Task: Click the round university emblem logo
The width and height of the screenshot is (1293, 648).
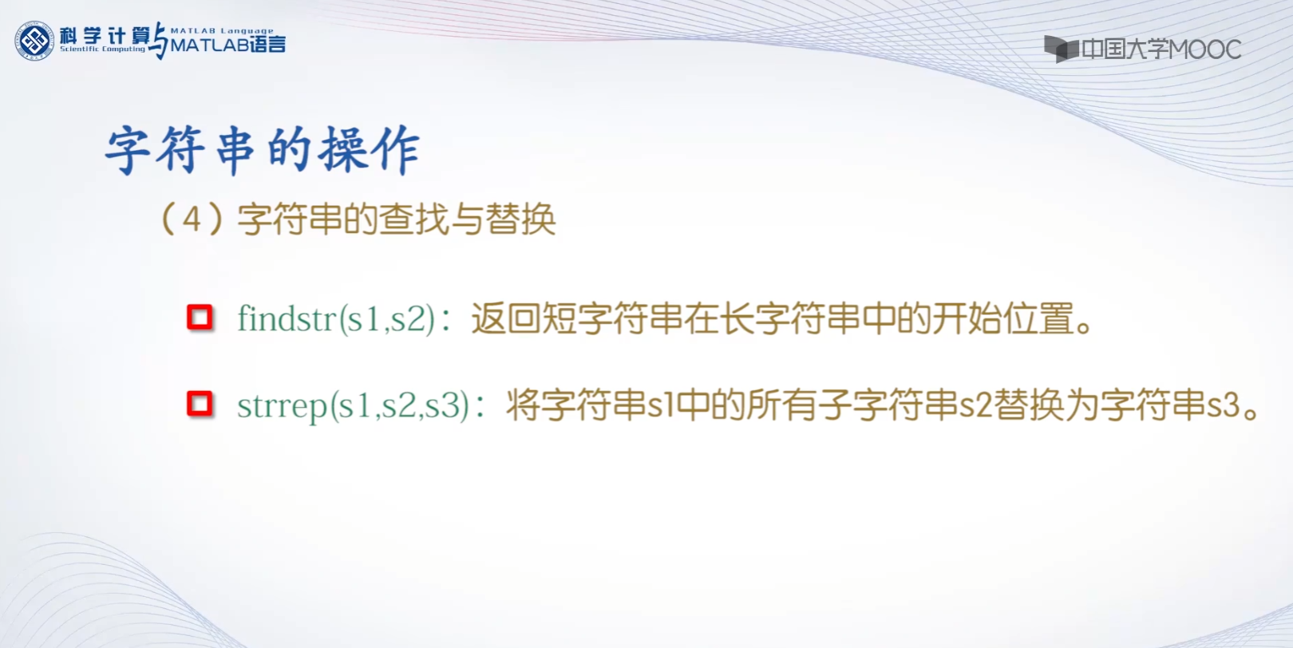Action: [34, 41]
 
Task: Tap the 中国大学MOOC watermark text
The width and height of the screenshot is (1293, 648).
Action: [1161, 49]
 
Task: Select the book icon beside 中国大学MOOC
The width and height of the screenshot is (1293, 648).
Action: [1061, 49]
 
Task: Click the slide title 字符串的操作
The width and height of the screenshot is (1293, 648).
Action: [263, 150]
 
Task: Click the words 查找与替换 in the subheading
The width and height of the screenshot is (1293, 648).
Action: [467, 219]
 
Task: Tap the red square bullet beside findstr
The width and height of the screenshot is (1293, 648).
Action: [200, 318]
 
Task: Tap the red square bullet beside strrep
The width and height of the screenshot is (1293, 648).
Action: [200, 404]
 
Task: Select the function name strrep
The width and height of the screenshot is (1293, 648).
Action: [283, 405]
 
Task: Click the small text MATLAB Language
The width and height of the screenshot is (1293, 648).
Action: [222, 30]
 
